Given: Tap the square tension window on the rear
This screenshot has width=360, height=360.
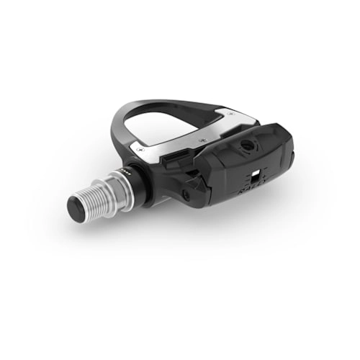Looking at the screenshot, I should pos(254,177).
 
